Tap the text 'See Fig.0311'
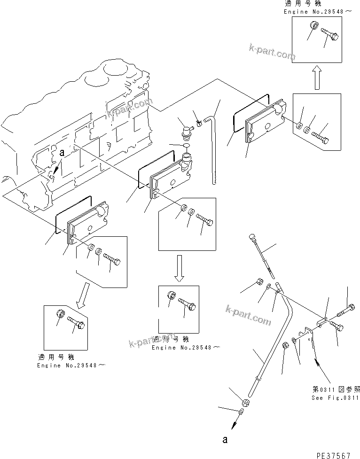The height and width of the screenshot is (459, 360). point(335,397)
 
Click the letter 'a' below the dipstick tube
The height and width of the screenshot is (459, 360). point(225,440)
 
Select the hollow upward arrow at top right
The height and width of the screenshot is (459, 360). point(317,77)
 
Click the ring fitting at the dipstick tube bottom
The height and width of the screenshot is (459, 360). point(245,403)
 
